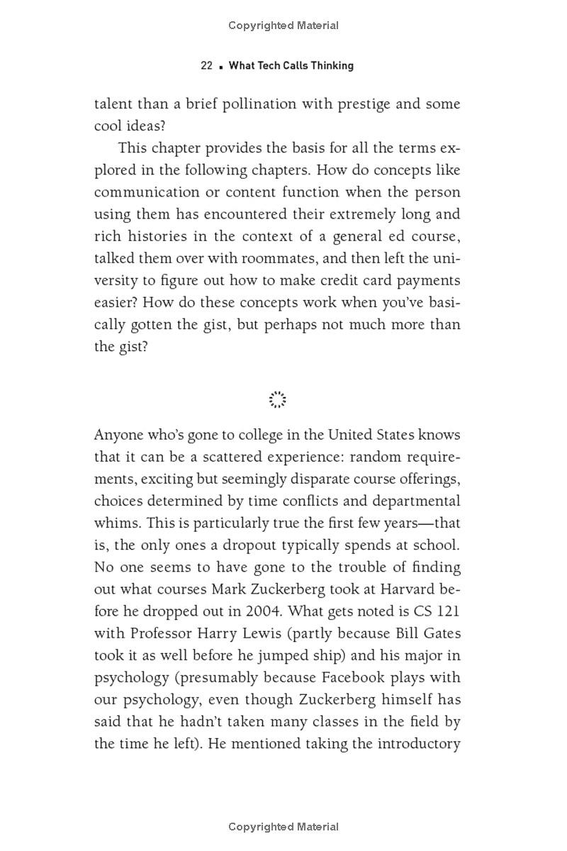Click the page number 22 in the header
(x=206, y=65)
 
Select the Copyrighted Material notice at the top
(x=283, y=26)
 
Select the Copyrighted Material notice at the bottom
(x=283, y=826)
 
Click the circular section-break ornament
(x=278, y=399)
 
